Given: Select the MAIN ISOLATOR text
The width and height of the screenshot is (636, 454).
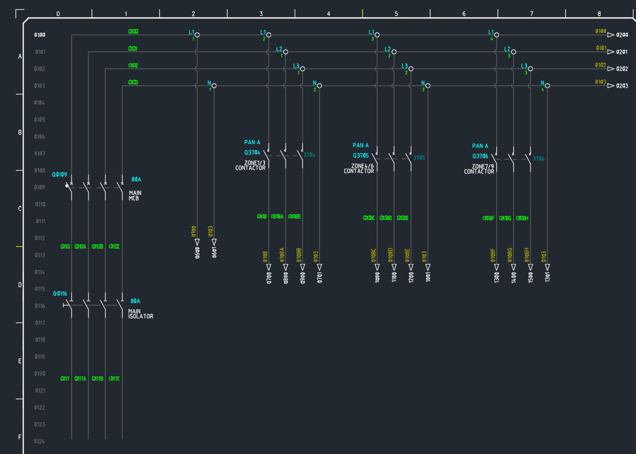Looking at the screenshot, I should pyautogui.click(x=140, y=313).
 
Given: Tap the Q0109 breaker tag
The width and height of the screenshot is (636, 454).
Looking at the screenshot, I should pyautogui.click(x=60, y=175).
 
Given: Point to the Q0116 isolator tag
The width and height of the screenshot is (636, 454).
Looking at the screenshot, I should pyautogui.click(x=60, y=293).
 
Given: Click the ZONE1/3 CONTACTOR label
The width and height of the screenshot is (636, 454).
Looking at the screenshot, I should pyautogui.click(x=251, y=166).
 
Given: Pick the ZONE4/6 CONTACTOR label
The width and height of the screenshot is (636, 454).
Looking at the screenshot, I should pyautogui.click(x=359, y=169).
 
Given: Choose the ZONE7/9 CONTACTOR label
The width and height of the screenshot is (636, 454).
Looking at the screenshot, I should pyautogui.click(x=479, y=169).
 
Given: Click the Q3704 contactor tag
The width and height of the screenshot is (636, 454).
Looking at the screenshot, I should pyautogui.click(x=252, y=153).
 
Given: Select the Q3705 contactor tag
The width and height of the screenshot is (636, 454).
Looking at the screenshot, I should pyautogui.click(x=361, y=156).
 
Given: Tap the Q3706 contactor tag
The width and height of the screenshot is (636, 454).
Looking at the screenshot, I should pyautogui.click(x=480, y=156).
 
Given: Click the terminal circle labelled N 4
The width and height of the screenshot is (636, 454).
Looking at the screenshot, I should pyautogui.click(x=547, y=86).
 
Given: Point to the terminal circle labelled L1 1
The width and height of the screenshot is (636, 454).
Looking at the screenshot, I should pyautogui.click(x=197, y=34).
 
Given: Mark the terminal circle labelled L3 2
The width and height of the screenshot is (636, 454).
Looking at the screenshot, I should pyautogui.click(x=411, y=68).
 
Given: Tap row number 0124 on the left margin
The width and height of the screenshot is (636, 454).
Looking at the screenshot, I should pyautogui.click(x=40, y=441).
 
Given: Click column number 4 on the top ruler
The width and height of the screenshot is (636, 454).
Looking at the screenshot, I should pyautogui.click(x=328, y=13).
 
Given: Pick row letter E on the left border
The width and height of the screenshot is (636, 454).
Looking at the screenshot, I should pyautogui.click(x=20, y=361).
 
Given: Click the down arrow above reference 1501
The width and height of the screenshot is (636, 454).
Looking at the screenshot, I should pyautogui.click(x=530, y=267).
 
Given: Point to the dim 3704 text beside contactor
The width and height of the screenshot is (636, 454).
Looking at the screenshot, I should pyautogui.click(x=309, y=155).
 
